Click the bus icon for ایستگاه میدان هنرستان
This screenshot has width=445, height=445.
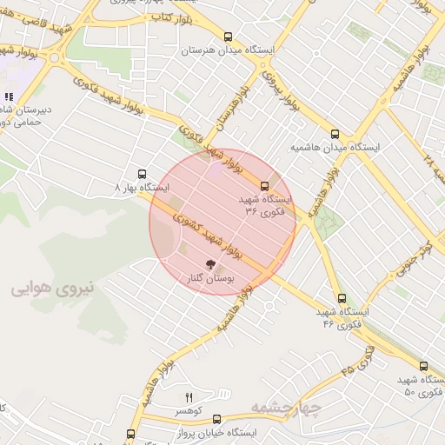pyautogui.click(x=228, y=37)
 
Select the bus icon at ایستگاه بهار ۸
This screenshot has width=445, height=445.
pyautogui.click(x=143, y=173)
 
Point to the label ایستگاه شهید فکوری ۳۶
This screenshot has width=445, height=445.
pyautogui.click(x=268, y=205)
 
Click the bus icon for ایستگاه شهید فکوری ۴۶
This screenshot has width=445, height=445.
pyautogui.click(x=342, y=298)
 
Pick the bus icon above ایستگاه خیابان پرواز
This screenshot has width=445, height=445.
pyautogui.click(x=216, y=418)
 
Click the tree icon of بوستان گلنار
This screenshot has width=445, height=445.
pyautogui.click(x=209, y=262)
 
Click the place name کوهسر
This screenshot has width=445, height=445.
pyautogui.click(x=189, y=410)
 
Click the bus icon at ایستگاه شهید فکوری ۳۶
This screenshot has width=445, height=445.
pyautogui.click(x=265, y=185)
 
